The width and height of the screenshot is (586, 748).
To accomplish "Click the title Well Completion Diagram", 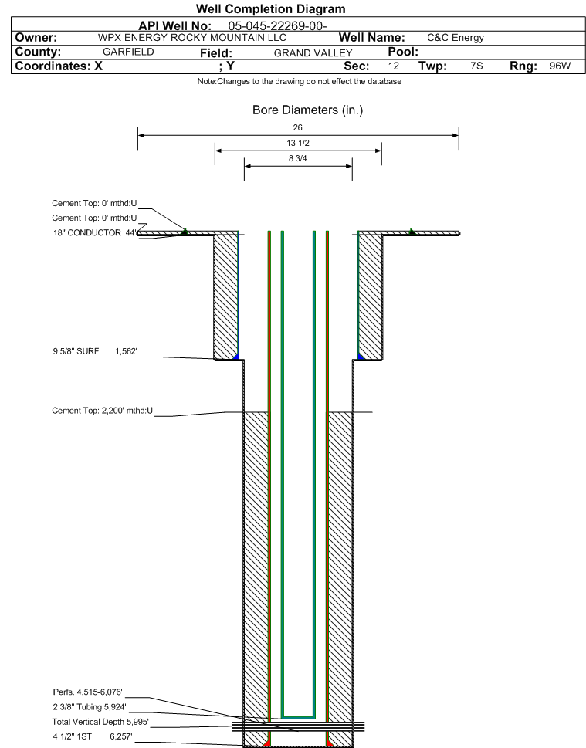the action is pyautogui.click(x=270, y=9).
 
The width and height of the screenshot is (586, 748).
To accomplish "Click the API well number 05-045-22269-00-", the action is pyautogui.click(x=277, y=25).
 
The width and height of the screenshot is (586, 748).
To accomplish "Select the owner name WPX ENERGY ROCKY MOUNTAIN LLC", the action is pyautogui.click(x=191, y=38).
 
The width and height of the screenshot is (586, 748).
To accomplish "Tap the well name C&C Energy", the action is pyautogui.click(x=456, y=38).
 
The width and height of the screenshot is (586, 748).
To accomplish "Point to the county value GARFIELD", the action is pyautogui.click(x=128, y=52).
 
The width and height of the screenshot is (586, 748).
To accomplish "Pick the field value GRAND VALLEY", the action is pyautogui.click(x=313, y=53).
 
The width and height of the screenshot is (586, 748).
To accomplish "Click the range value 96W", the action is pyautogui.click(x=560, y=66).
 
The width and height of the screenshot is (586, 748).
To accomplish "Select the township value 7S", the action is pyautogui.click(x=476, y=66).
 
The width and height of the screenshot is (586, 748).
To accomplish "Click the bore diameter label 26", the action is pyautogui.click(x=298, y=127).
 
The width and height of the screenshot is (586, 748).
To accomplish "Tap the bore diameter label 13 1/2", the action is pyautogui.click(x=298, y=143).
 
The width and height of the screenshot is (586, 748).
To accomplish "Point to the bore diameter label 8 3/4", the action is pyautogui.click(x=298, y=158).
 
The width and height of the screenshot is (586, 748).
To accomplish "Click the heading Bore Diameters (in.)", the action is pyautogui.click(x=308, y=110).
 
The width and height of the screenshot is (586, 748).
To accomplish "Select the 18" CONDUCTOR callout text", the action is pyautogui.click(x=94, y=233).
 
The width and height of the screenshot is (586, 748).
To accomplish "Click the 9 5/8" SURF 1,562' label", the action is pyautogui.click(x=95, y=351).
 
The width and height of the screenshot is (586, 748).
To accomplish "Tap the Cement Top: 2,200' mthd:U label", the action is pyautogui.click(x=102, y=411).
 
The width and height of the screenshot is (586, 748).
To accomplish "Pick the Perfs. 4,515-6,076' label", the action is pyautogui.click(x=88, y=692).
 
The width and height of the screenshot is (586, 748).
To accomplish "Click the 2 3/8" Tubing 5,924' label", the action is pyautogui.click(x=90, y=707).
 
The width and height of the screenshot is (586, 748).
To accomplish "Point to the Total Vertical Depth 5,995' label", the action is pyautogui.click(x=100, y=722).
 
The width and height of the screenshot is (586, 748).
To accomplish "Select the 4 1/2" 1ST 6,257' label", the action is pyautogui.click(x=93, y=736).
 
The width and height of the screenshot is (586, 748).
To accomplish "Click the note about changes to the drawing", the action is pyautogui.click(x=300, y=82).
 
